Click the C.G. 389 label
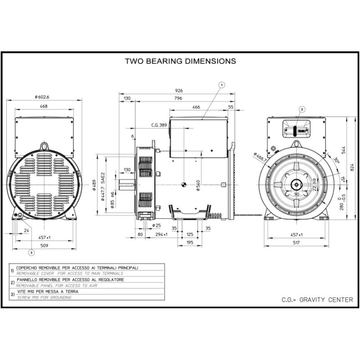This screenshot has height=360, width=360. coord(159,125)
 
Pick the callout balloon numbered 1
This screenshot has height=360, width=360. coord(221,84)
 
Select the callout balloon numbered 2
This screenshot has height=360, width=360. coord(302,108)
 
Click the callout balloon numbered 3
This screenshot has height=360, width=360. coord(31,252)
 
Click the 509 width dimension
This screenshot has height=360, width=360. coord(44,246)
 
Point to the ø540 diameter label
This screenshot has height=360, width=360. coord(198,185)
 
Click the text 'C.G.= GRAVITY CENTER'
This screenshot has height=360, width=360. coord(317,299)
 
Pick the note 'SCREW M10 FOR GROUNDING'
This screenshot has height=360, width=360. coord(44,297)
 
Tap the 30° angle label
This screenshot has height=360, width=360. coord(336,160)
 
